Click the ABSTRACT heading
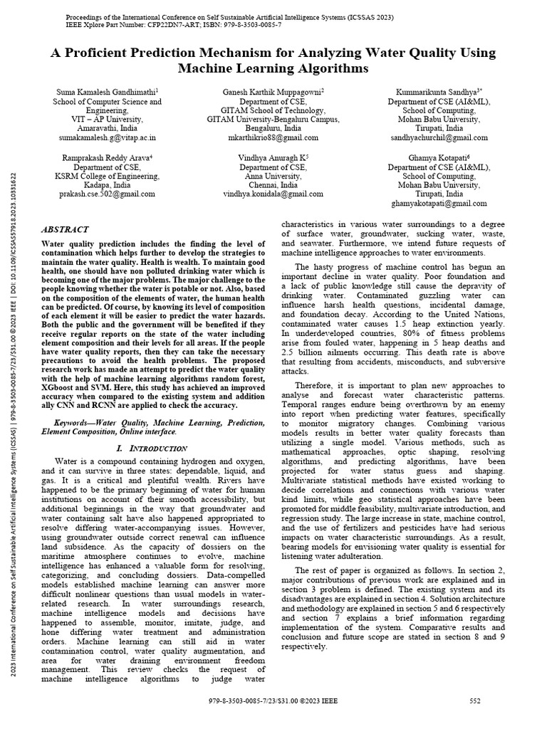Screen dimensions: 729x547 [66, 230]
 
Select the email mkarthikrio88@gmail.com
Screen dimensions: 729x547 [273, 137]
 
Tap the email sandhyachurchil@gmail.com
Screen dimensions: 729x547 [439, 137]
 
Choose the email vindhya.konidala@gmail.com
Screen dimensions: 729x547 [273, 193]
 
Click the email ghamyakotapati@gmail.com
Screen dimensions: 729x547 [439, 203]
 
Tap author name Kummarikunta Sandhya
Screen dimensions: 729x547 [438, 92]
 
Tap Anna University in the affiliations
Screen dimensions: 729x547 [273, 175]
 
